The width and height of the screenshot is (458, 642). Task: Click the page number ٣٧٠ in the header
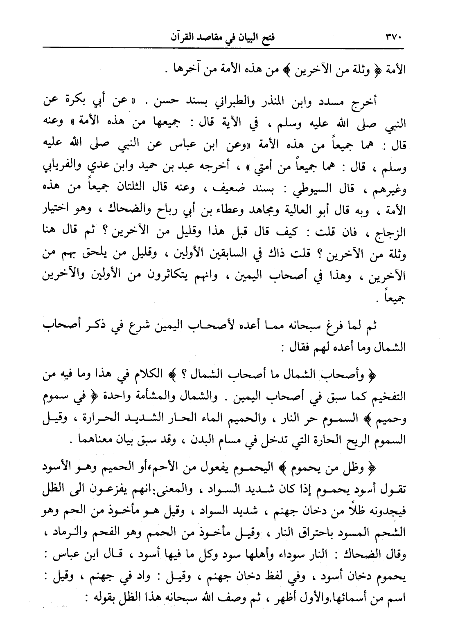pos(394,40)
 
